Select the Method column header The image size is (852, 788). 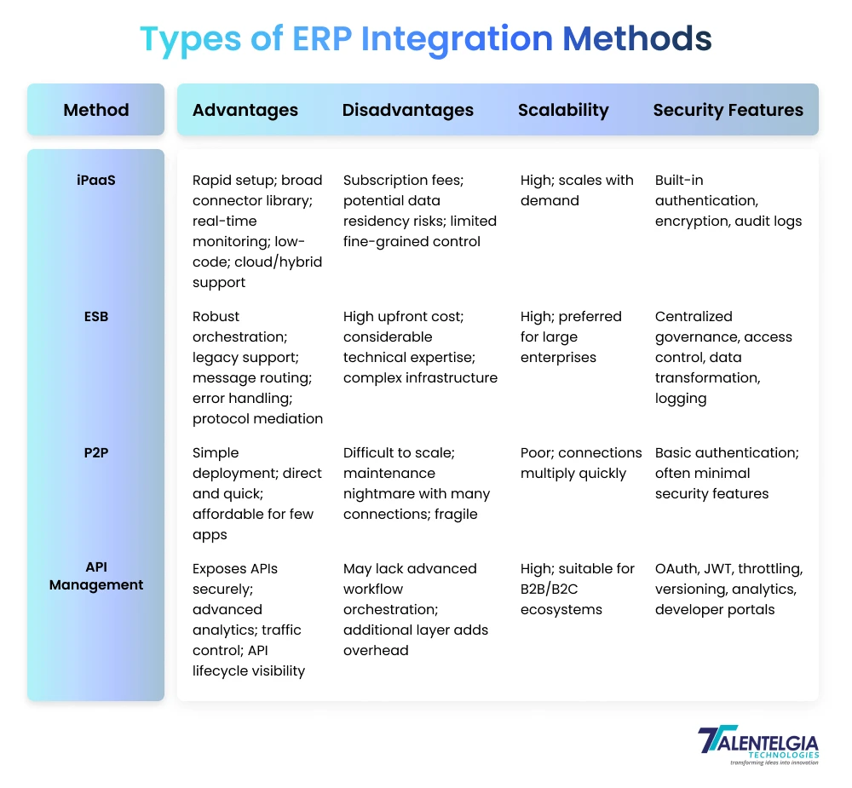pyautogui.click(x=96, y=110)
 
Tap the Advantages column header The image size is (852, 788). pyautogui.click(x=245, y=110)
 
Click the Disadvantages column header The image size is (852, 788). pyautogui.click(x=407, y=110)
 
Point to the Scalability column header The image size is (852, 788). pyautogui.click(x=563, y=110)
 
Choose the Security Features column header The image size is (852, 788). pyautogui.click(x=728, y=110)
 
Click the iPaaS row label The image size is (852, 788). pyautogui.click(x=96, y=180)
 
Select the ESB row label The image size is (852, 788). pyautogui.click(x=96, y=316)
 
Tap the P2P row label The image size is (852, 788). pyautogui.click(x=96, y=452)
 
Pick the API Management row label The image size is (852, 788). pyautogui.click(x=96, y=576)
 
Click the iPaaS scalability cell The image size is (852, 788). pyautogui.click(x=577, y=190)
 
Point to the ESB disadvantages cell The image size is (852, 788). pyautogui.click(x=420, y=347)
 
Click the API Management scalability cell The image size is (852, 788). pyautogui.click(x=577, y=589)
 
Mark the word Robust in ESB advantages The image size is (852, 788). pyautogui.click(x=216, y=316)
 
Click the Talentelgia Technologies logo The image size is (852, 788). pyautogui.click(x=757, y=745)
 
